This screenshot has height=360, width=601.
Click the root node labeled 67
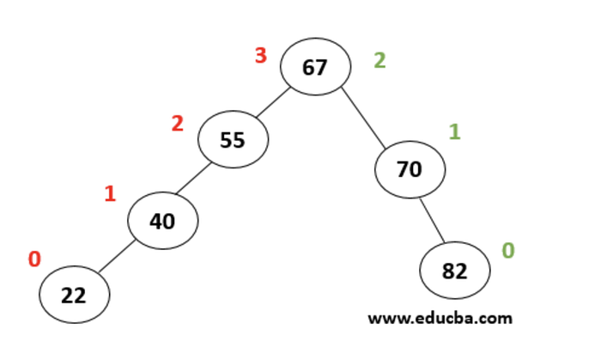tap(315, 66)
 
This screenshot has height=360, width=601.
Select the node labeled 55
tap(233, 139)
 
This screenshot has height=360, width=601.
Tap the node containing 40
tap(163, 221)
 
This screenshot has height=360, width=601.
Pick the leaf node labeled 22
tap(75, 295)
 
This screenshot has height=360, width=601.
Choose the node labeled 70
tap(410, 169)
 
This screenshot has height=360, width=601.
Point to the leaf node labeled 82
tap(455, 271)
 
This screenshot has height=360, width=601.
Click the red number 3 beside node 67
tap(261, 55)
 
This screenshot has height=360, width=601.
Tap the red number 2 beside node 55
tap(178, 124)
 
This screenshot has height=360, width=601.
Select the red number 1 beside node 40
tap(110, 193)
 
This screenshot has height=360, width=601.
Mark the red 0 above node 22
tap(34, 259)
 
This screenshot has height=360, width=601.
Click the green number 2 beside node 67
tap(379, 60)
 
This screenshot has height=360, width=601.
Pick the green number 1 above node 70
tap(454, 131)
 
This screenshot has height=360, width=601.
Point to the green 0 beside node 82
tap(508, 250)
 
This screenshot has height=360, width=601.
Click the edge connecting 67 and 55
tap(273, 102)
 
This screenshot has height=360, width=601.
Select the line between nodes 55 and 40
tap(193, 178)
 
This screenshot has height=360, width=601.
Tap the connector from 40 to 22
tap(117, 257)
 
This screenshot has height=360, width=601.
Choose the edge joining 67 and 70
tap(363, 118)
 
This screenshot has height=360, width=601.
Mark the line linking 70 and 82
tap(433, 221)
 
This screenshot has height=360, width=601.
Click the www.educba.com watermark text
tap(440, 318)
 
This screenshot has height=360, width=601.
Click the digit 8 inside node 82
tap(448, 271)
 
